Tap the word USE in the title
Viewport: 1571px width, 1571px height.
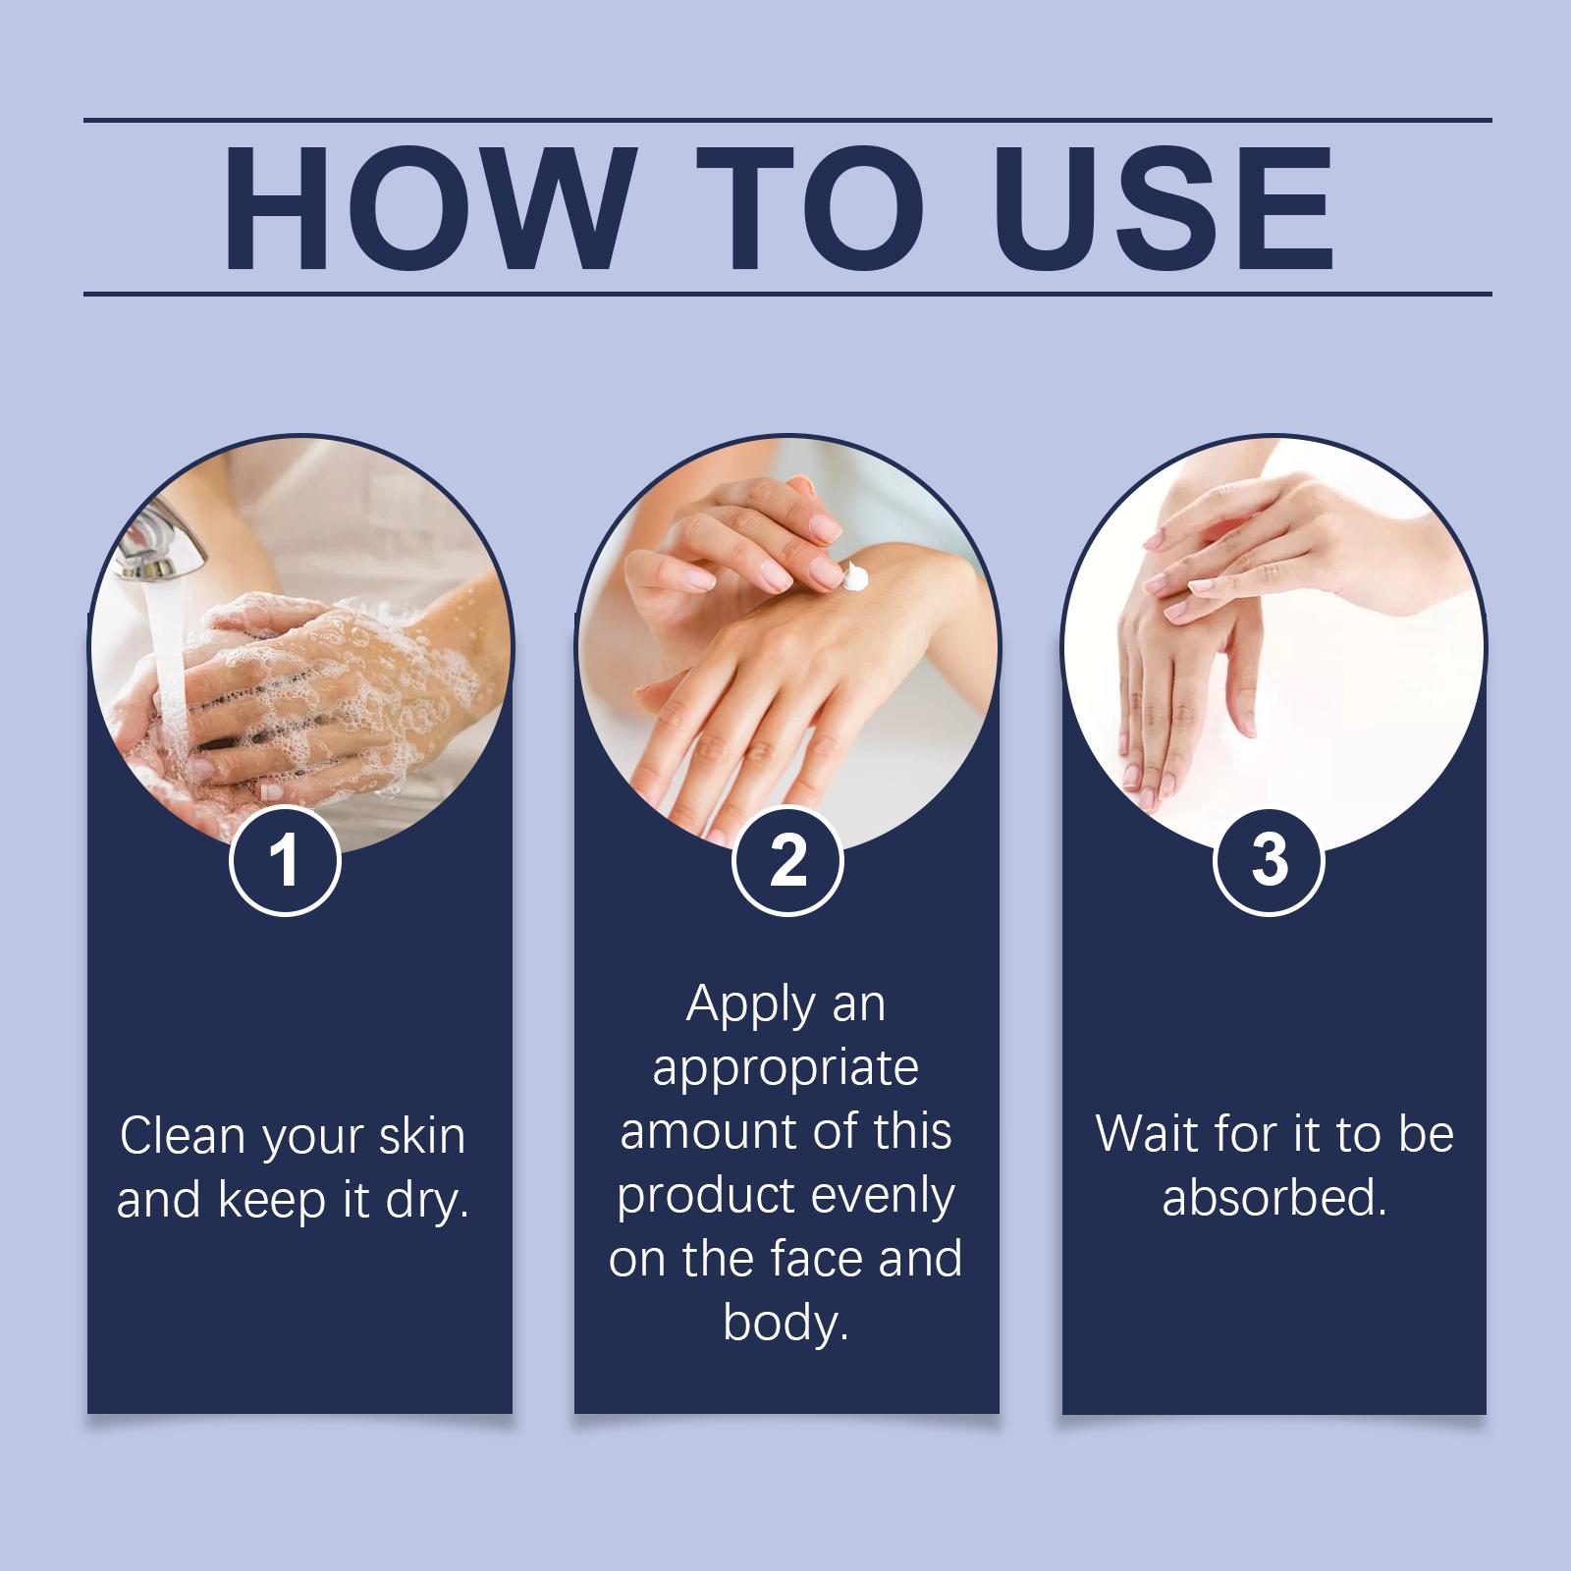click(1169, 209)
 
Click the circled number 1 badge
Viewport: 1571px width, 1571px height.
click(285, 861)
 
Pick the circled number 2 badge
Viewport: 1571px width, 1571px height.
click(787, 861)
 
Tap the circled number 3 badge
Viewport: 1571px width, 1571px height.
click(1270, 861)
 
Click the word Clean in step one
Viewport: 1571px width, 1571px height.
click(182, 1136)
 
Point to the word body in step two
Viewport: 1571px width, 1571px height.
click(785, 1323)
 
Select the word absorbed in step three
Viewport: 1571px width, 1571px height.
click(1273, 1198)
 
